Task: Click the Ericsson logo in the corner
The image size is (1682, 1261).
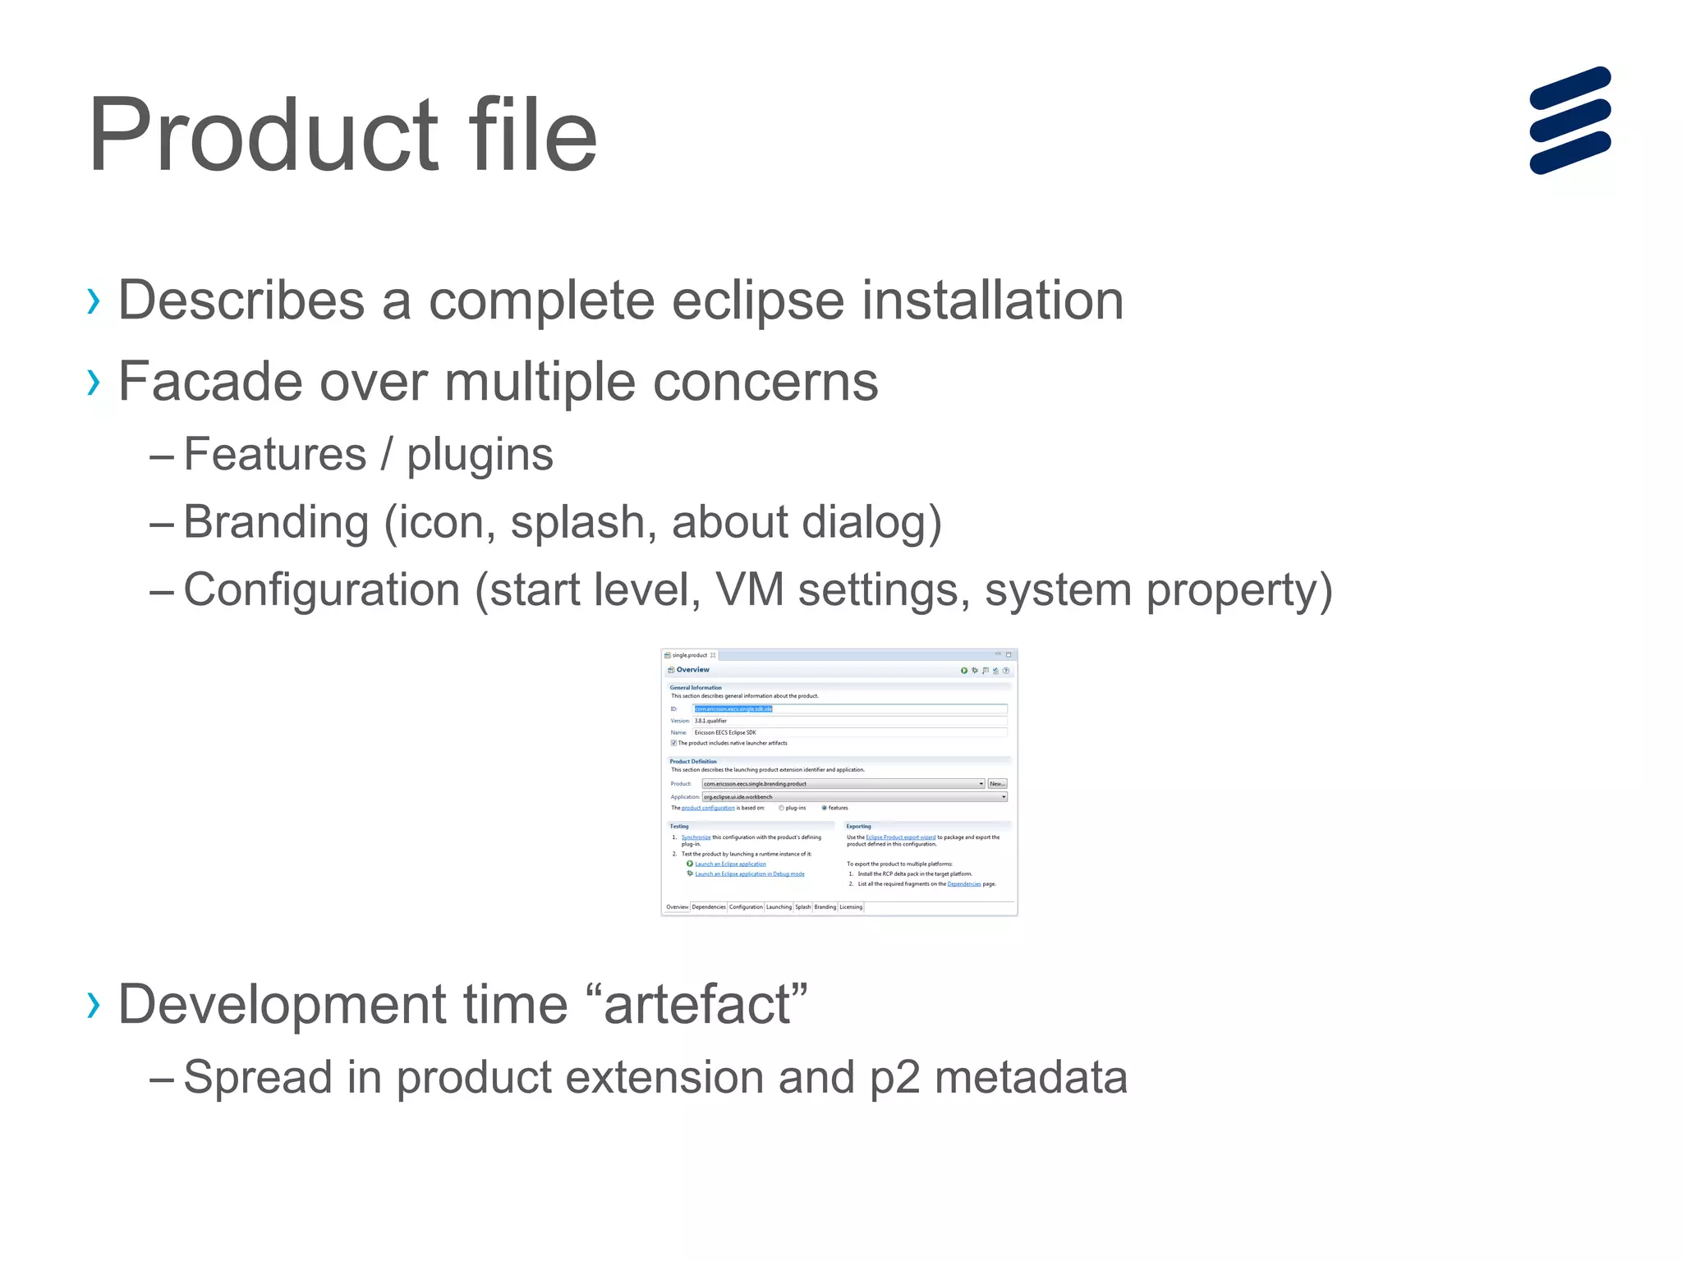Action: click(x=1569, y=120)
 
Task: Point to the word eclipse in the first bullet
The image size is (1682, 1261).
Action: click(x=757, y=300)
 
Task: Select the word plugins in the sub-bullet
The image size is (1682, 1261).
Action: click(x=480, y=456)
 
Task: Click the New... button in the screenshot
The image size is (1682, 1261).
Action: click(x=996, y=784)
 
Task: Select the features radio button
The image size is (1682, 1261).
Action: click(x=825, y=808)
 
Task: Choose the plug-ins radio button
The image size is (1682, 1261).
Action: click(x=781, y=808)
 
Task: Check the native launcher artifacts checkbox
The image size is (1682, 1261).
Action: click(x=673, y=743)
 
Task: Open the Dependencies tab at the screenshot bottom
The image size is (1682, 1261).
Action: click(x=709, y=907)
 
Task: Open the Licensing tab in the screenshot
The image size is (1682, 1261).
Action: click(x=851, y=907)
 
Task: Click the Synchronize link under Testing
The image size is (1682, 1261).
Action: click(x=696, y=837)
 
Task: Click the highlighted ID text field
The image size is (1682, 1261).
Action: click(x=849, y=708)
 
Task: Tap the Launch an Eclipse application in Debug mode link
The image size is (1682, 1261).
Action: click(x=750, y=874)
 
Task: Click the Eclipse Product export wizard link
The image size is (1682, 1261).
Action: click(x=900, y=837)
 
